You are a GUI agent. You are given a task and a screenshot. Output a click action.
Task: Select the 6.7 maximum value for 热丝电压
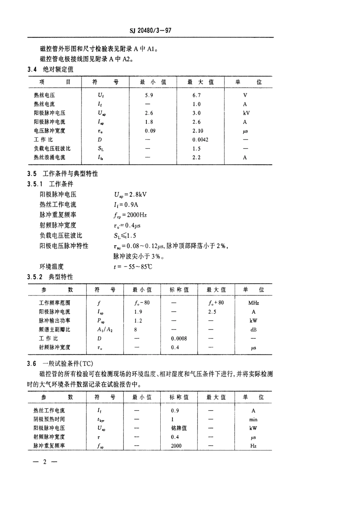click(x=196, y=95)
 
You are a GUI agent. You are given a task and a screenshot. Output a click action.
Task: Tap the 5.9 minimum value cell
click(x=149, y=95)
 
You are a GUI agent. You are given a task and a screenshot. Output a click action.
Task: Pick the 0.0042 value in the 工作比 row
click(x=200, y=140)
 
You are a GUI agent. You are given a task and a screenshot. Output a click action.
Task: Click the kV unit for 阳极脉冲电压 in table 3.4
click(x=246, y=113)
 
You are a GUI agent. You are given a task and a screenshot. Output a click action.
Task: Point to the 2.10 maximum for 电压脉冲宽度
click(x=197, y=131)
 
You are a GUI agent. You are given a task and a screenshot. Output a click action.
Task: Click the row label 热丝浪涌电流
click(x=49, y=157)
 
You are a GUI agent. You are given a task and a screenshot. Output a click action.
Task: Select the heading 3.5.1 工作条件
click(x=50, y=184)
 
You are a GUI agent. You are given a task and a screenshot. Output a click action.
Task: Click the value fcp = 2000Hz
click(x=130, y=215)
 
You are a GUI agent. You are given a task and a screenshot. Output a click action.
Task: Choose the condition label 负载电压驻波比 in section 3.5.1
click(x=61, y=235)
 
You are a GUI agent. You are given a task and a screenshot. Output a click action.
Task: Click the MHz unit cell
click(x=254, y=303)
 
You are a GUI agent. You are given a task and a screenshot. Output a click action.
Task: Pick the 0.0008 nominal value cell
click(x=179, y=339)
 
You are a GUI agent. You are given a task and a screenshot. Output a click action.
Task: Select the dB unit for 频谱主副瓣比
click(x=254, y=330)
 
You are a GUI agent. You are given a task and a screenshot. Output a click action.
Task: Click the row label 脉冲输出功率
click(x=55, y=321)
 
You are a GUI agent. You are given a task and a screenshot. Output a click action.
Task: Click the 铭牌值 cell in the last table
click(x=179, y=428)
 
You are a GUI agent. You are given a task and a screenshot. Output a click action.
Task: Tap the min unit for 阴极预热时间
click(x=253, y=419)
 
